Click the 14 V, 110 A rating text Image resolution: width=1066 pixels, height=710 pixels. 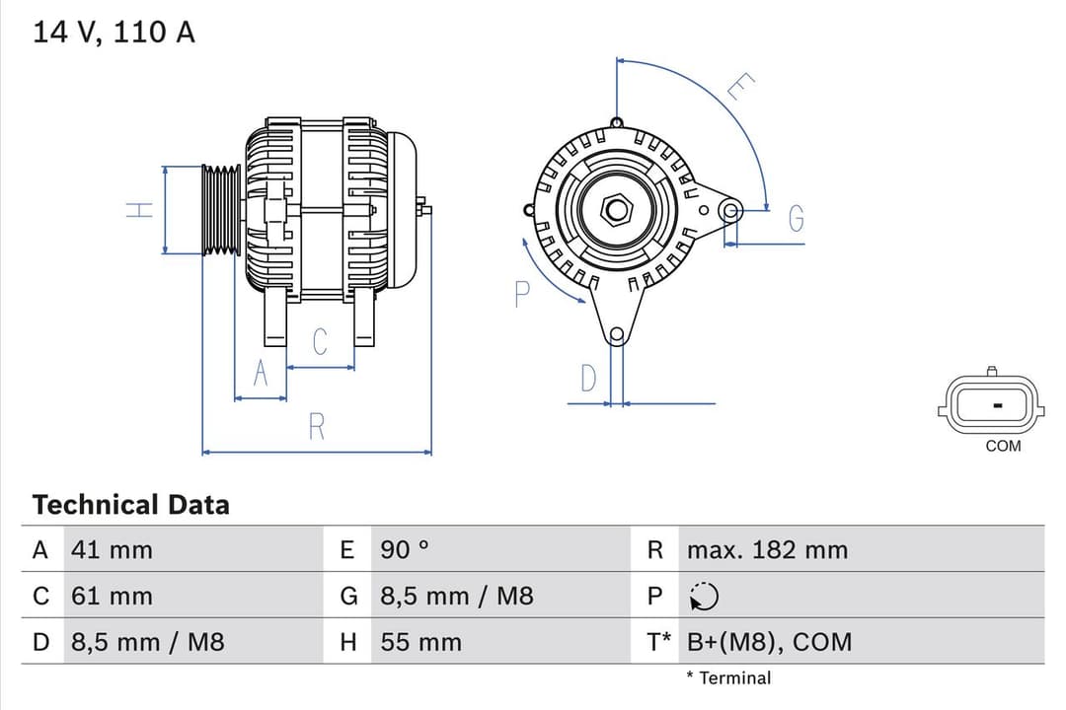point(114,33)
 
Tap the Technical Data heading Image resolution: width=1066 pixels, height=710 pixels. point(130,505)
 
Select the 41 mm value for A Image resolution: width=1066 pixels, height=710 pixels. point(112,549)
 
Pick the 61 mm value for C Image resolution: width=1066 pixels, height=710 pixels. point(112,596)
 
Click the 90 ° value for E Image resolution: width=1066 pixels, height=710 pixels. point(405,549)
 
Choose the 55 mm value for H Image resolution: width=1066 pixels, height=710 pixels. point(420,642)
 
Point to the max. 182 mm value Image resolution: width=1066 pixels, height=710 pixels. point(767,549)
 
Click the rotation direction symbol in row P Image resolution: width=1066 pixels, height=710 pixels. point(704,597)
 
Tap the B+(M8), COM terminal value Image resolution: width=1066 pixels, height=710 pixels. point(768,642)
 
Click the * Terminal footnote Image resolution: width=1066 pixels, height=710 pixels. point(728,677)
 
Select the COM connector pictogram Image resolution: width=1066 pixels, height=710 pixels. point(995,404)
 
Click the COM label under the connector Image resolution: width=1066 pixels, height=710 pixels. point(1003,446)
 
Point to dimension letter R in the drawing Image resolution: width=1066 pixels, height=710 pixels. point(317,427)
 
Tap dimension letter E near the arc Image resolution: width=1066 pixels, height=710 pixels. point(740,88)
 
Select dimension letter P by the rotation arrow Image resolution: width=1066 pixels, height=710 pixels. point(523,293)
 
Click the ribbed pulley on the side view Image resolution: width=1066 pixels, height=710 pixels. point(221,210)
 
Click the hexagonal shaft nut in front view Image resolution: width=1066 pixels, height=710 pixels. point(617,209)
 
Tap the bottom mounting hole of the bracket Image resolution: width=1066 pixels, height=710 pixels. point(617,334)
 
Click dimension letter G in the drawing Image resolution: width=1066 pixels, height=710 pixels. point(796,220)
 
